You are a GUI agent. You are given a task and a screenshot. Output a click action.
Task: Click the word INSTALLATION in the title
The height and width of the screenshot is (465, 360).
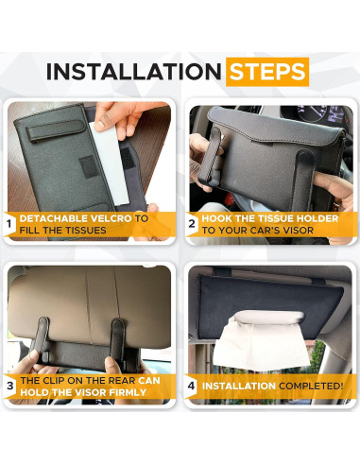pos(132,71)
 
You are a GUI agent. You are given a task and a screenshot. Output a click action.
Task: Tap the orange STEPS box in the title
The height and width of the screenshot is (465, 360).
pos(266,71)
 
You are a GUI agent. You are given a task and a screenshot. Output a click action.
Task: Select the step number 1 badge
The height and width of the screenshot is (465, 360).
pos(9,225)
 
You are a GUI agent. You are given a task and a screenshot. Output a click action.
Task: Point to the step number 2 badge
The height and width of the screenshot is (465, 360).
pos(191,225)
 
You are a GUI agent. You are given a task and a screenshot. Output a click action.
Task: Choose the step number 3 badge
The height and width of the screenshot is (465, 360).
pos(9,386)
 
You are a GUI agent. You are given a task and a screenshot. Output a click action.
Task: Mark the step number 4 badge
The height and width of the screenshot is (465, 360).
pos(191,386)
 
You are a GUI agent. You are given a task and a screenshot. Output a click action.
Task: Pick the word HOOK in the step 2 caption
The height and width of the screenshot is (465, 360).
pos(220,218)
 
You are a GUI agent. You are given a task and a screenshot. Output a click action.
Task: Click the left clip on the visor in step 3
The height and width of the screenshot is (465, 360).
pos(43,338)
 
